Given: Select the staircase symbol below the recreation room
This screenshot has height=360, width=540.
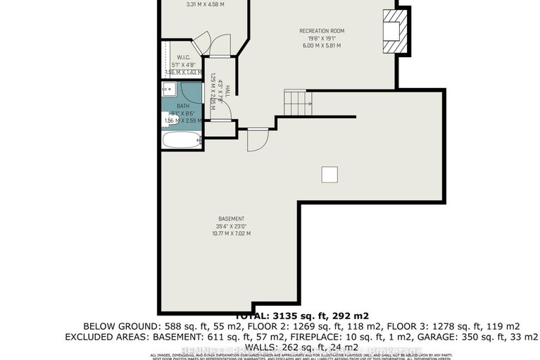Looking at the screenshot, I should pos(296,102).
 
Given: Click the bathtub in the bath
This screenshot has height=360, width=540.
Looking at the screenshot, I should pos(182,139).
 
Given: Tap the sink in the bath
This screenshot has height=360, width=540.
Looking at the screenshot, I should pos(168,89).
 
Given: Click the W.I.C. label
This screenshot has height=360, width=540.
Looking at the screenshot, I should pos(184,58).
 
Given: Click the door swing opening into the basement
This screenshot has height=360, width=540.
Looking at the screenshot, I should pos(257,139).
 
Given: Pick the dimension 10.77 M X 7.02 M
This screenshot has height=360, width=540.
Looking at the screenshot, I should pos(232,233).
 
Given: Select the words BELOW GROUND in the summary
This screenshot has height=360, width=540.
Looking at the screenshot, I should pos(120,326).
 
